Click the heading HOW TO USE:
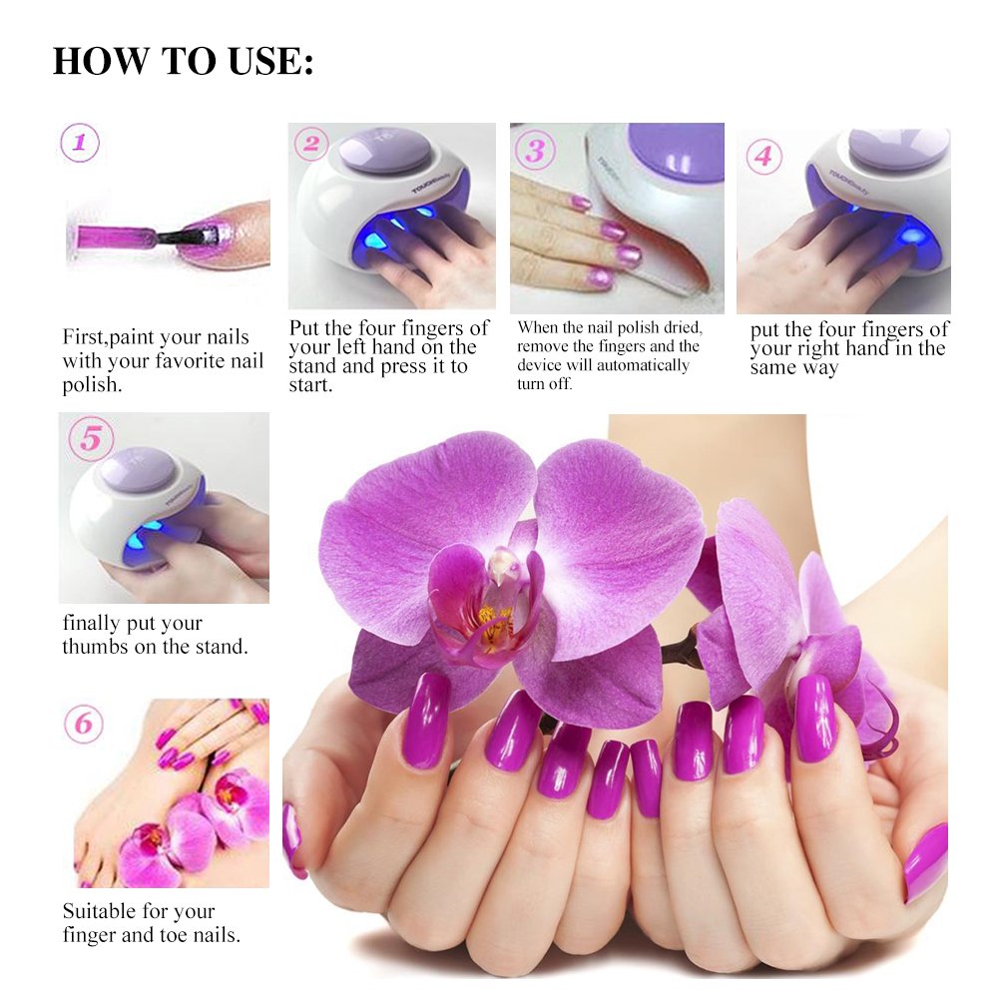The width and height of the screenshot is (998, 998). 183,61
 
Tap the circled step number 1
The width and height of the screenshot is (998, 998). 80,143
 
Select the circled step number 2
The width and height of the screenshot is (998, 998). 311,145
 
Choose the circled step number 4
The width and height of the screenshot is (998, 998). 763,157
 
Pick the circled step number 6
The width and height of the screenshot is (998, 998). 83,724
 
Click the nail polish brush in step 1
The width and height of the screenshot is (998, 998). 180,238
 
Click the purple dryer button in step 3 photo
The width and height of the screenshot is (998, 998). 675,152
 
